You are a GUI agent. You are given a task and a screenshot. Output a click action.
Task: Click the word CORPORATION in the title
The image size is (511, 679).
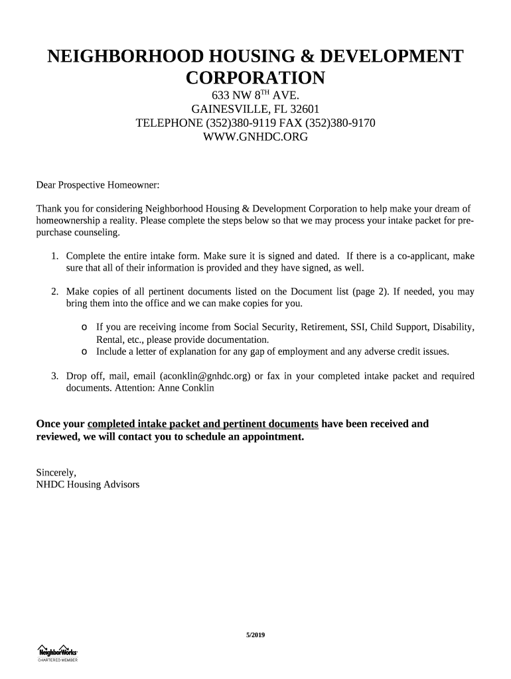tap(255, 78)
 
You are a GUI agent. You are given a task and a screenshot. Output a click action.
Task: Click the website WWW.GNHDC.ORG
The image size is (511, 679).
tap(255, 137)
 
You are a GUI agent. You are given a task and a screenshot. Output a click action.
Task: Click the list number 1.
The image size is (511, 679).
tap(54, 256)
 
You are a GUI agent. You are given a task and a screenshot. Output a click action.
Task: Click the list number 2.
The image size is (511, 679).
tap(54, 292)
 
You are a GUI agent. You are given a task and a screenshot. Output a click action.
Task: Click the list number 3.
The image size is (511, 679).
tap(54, 376)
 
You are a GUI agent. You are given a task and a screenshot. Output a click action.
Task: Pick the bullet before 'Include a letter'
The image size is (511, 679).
tap(84, 351)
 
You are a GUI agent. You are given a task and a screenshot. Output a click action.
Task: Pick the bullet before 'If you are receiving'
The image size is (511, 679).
tap(84, 328)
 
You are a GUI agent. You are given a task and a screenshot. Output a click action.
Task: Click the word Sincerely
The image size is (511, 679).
tap(55, 473)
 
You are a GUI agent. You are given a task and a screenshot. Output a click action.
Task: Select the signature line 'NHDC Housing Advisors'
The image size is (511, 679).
tap(87, 485)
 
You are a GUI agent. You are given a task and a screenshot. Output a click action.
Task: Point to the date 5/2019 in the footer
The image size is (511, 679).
tap(256, 636)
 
